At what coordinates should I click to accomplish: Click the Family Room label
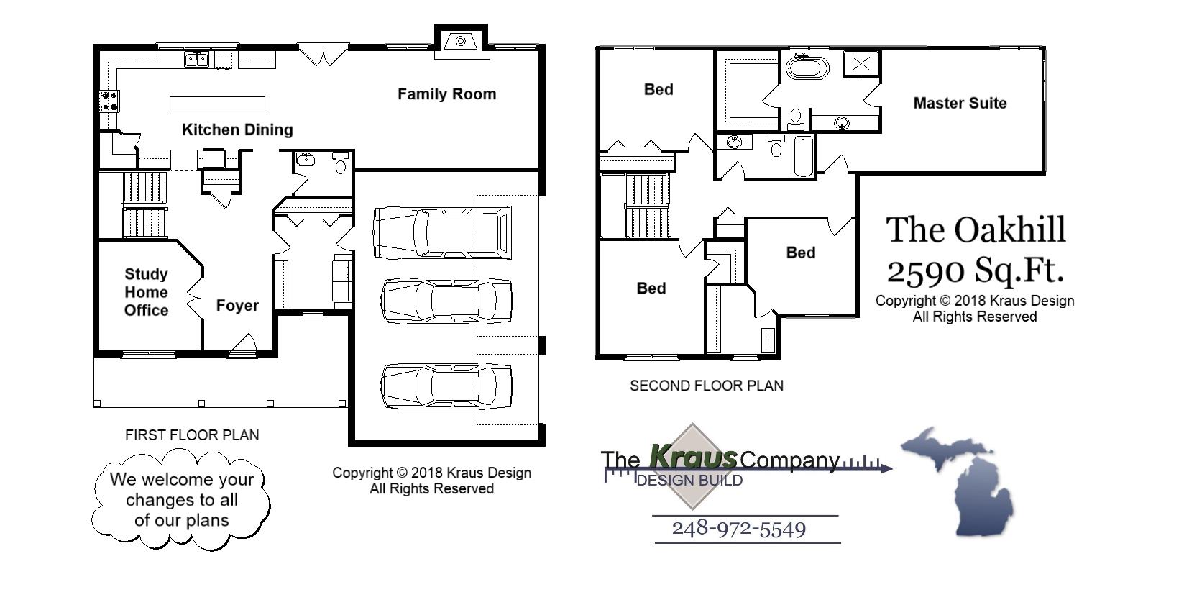pyautogui.click(x=446, y=94)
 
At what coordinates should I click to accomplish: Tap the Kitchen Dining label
pyautogui.click(x=237, y=130)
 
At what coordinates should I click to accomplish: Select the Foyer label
pyautogui.click(x=237, y=306)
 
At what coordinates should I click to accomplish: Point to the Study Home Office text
pyautogui.click(x=146, y=292)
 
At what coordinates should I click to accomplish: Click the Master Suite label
pyautogui.click(x=959, y=103)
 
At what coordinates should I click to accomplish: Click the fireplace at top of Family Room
pyautogui.click(x=461, y=41)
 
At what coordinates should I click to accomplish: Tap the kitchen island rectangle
pyautogui.click(x=217, y=105)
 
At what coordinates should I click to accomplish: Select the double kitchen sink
pyautogui.click(x=196, y=59)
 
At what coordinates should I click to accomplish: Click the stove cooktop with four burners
pyautogui.click(x=109, y=101)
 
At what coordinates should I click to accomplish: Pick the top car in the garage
pyautogui.click(x=442, y=232)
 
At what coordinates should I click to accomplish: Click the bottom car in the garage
pyautogui.click(x=446, y=386)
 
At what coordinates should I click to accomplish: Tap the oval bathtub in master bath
pyautogui.click(x=807, y=68)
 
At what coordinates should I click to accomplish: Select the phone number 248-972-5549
pyautogui.click(x=738, y=529)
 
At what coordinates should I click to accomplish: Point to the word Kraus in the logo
pyautogui.click(x=692, y=456)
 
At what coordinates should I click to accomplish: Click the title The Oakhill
pyautogui.click(x=975, y=230)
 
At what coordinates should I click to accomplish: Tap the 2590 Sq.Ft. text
pyautogui.click(x=975, y=271)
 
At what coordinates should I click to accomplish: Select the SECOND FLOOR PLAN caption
pyautogui.click(x=706, y=386)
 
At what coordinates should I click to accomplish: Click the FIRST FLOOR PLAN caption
pyautogui.click(x=192, y=435)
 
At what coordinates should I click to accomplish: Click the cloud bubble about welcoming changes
pyautogui.click(x=181, y=500)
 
